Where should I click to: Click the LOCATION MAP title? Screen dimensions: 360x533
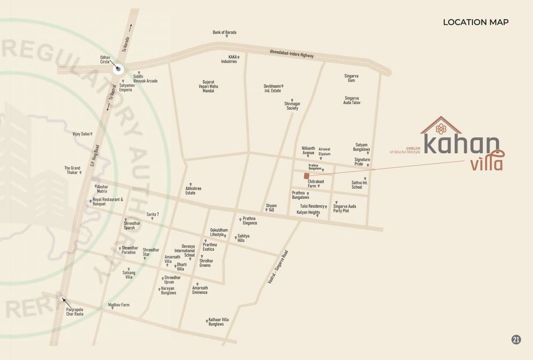475,22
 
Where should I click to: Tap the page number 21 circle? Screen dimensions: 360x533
516,340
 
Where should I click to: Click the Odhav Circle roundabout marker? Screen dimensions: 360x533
118,69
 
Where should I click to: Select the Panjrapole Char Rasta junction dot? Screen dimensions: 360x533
63,299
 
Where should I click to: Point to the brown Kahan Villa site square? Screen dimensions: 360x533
306,176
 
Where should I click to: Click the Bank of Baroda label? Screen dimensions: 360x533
225,32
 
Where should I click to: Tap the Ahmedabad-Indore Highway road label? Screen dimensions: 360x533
292,53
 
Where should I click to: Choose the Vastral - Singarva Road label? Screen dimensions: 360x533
278,267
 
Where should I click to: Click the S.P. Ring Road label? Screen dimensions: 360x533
96,155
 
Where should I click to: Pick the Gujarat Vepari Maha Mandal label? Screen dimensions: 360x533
208,86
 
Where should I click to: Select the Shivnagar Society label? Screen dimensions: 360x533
292,106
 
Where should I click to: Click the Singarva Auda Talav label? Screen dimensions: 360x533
352,100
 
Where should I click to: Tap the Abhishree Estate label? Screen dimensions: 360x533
193,191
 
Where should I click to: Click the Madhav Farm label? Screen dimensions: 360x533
119,305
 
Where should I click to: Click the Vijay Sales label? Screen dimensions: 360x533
81,134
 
